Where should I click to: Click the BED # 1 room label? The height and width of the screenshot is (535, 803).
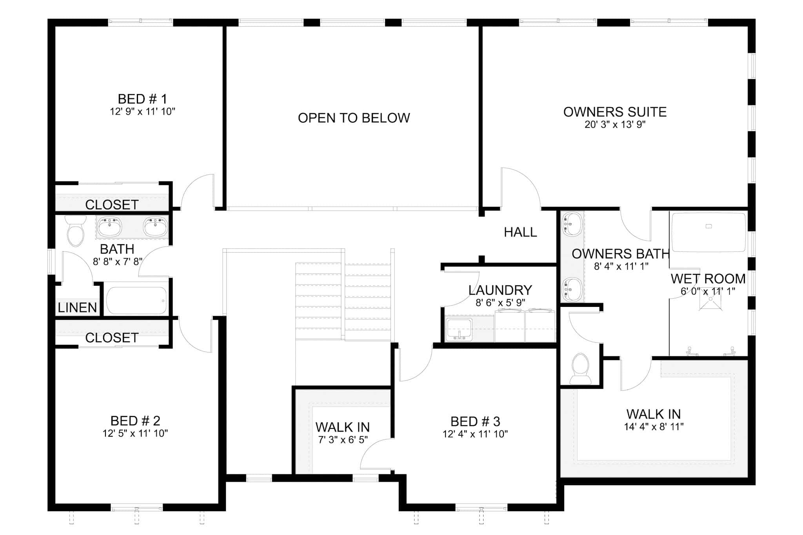click(142, 99)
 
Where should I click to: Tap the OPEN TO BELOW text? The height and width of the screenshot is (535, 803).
click(354, 118)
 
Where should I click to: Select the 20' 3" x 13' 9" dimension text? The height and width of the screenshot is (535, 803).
click(615, 125)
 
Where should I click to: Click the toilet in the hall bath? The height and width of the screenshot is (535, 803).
click(75, 231)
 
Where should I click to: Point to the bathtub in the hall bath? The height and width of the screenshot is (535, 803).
click(136, 301)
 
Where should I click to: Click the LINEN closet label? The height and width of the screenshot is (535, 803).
click(77, 308)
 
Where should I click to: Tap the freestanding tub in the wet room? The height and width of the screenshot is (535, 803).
click(709, 232)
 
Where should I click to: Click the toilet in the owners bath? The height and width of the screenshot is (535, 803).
click(581, 368)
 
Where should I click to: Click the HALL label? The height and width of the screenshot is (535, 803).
click(520, 232)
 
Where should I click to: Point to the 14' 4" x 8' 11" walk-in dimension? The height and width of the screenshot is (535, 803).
click(654, 426)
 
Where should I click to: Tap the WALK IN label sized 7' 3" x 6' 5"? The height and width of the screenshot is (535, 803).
click(342, 427)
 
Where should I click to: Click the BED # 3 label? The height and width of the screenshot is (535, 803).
click(475, 421)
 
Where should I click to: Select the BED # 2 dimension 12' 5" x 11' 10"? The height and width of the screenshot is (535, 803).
click(135, 433)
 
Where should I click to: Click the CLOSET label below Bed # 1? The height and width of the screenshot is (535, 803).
click(112, 205)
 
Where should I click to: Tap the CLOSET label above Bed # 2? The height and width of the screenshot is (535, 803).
click(112, 337)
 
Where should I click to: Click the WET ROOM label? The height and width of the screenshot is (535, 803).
click(708, 279)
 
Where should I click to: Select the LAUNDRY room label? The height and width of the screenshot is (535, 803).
click(500, 290)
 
